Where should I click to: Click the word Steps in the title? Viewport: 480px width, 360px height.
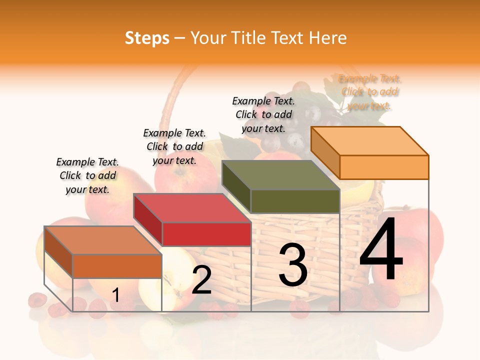pos(147,38)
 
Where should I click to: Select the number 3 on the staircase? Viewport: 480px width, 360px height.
pos(292,265)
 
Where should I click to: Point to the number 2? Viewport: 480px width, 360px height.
pos(201,279)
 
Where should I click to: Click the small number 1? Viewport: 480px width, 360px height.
pos(115,295)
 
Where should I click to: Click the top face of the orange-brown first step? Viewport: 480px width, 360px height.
pos(102,240)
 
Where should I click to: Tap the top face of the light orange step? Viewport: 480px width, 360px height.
pos(369,141)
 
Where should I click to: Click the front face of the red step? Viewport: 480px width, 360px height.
pos(206,234)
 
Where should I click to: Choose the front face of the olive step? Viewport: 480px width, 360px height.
pos(295,201)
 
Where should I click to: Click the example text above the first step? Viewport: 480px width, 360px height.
pos(87,175)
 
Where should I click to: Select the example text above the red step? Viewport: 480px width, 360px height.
pos(174,146)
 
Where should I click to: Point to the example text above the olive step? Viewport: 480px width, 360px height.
pos(263,114)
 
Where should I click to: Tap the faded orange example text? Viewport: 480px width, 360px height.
pos(370,92)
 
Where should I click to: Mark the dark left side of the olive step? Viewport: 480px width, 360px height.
pos(236,187)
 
